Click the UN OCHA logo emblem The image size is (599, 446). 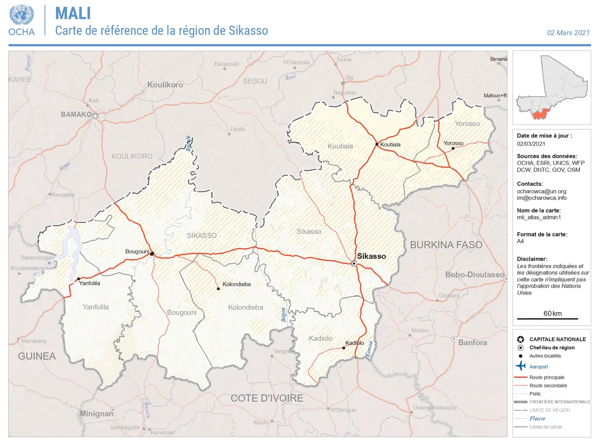[x=21, y=16]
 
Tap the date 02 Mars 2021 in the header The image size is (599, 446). [x=568, y=33]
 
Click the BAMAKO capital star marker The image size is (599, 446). [x=95, y=116]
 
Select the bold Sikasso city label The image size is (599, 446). [x=371, y=256]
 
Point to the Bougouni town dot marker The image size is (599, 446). [x=152, y=254]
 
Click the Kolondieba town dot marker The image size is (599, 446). [x=218, y=289]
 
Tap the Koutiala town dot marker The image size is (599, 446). [x=377, y=144]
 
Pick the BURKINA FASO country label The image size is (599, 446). [x=446, y=245]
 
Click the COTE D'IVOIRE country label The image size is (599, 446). [x=267, y=398]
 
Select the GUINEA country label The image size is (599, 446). [x=37, y=356]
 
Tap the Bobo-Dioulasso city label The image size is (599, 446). [x=475, y=274]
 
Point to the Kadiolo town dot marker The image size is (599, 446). [x=344, y=348]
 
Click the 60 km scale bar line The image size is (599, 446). [x=547, y=319]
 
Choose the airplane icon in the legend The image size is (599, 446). [x=521, y=366]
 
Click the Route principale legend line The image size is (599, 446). [x=520, y=377]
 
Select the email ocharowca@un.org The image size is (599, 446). [x=541, y=191]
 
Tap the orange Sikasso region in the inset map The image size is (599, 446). [x=540, y=114]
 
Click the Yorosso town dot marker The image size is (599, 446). [x=453, y=149]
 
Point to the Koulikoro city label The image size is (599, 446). [x=165, y=85]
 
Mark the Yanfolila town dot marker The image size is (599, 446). [x=79, y=279]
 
